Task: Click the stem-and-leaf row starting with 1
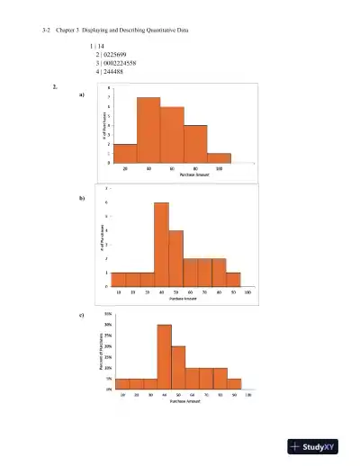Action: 98,45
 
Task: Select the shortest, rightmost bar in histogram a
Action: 220,157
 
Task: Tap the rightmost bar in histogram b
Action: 233,279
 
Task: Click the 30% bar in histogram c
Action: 164,356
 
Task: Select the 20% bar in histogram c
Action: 178,367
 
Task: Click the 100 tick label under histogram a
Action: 220,168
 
